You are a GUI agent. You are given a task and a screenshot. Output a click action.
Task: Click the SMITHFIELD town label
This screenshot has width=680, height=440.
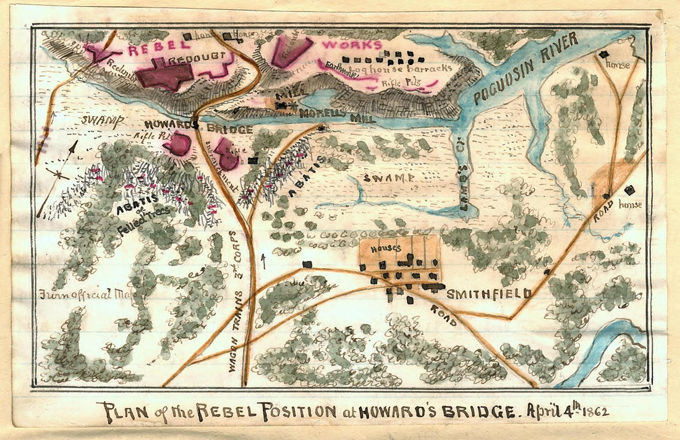[x=488, y=293]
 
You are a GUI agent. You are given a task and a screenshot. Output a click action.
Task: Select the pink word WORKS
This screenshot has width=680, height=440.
[x=352, y=45]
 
